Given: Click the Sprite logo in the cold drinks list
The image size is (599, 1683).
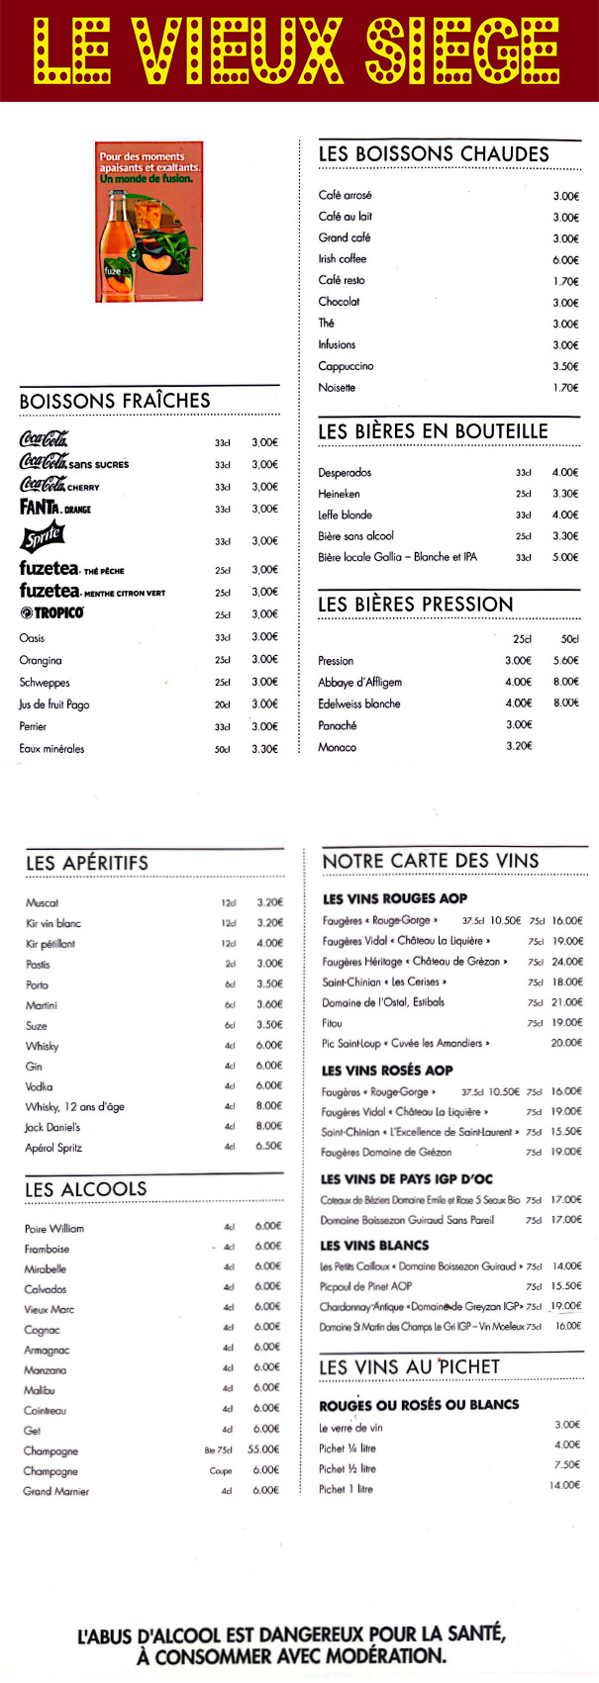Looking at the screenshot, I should coord(43,537).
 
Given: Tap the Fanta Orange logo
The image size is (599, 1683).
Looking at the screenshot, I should coord(54,508).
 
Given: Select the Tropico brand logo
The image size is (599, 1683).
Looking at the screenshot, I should coord(51,613).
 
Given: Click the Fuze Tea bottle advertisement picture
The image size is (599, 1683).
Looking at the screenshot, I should coord(149,221).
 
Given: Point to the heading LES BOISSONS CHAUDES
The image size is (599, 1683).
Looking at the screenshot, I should coord(433,154).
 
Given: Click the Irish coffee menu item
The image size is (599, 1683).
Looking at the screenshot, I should coord(343,259).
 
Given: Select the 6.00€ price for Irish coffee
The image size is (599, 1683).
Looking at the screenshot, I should coord(565,260).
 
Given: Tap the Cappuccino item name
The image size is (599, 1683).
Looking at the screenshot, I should coord(346,366).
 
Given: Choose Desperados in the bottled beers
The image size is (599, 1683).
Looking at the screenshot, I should coord(345,473).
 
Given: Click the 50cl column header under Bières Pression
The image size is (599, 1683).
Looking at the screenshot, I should coord(569,639).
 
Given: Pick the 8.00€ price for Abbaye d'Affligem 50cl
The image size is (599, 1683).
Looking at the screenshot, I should coord(565,682).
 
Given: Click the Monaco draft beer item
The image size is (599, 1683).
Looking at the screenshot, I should coord(337,747).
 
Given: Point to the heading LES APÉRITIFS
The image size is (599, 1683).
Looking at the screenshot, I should coord(87,863).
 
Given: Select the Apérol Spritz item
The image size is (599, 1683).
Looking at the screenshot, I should coord(53,1148).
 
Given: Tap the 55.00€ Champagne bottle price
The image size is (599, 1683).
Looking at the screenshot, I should coord(263,1449).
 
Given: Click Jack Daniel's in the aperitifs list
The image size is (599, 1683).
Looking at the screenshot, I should coord(52,1127).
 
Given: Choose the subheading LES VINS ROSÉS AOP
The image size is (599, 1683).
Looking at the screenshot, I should coord(387,1070).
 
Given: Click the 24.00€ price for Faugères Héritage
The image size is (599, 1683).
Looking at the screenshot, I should coord(567,962).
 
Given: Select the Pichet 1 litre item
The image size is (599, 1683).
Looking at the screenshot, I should coord(346,1489).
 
